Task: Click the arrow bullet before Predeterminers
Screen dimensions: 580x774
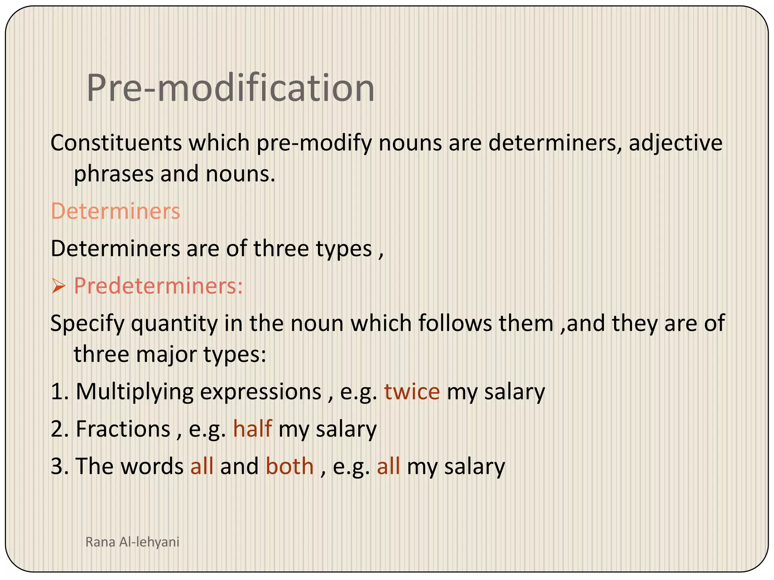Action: point(59,287)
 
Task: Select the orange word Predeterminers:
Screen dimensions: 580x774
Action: point(158,286)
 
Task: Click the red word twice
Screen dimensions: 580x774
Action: point(412,391)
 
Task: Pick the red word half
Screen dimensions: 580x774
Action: point(252,429)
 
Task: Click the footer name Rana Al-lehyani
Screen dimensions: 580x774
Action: point(132,542)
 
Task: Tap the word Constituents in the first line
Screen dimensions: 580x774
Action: point(116,143)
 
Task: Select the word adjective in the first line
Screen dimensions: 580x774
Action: point(675,144)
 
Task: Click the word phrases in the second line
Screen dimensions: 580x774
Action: point(113,174)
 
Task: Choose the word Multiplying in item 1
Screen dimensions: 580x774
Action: point(135,392)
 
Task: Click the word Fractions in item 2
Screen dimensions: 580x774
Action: point(123,429)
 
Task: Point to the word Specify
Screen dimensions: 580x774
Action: point(87,324)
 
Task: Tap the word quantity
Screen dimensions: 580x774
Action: point(174,324)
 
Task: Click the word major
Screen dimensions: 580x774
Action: point(166,355)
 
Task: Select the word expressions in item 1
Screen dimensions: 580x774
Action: point(260,392)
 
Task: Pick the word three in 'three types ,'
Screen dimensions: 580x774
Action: point(281,249)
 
